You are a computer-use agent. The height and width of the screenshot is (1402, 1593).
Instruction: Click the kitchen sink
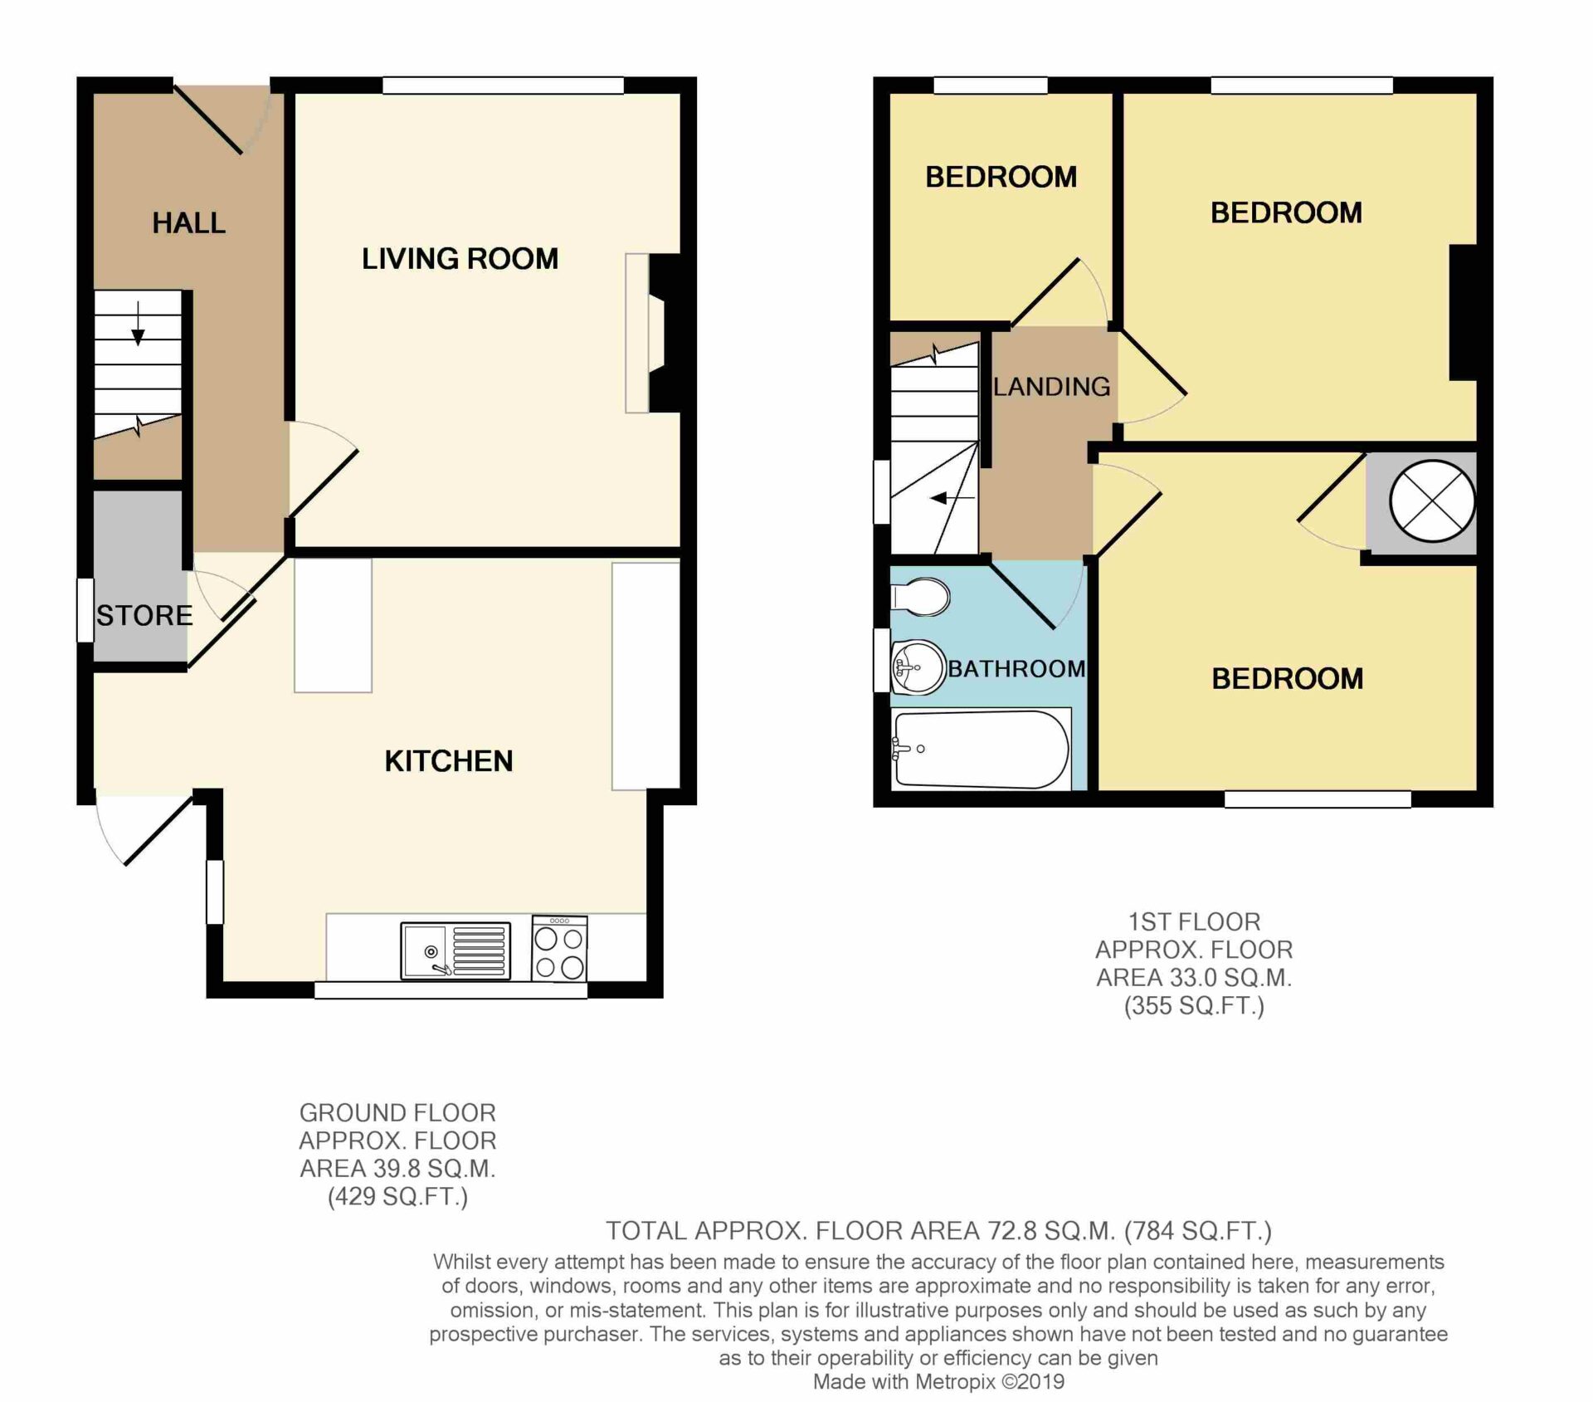(x=455, y=950)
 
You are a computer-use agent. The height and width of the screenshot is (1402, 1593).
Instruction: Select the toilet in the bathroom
(x=920, y=597)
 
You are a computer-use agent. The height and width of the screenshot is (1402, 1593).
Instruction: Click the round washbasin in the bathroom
(x=918, y=667)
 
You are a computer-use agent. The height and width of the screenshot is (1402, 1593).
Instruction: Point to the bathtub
(x=981, y=749)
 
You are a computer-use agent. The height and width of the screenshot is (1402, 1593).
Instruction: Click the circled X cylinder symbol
(x=1432, y=502)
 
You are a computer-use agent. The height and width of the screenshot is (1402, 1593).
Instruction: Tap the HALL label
(x=188, y=222)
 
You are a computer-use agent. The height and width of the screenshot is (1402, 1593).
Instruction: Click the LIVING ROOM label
(x=460, y=258)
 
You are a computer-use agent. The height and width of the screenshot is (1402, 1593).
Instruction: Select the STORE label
(x=144, y=615)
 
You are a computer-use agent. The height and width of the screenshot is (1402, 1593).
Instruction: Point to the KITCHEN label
(x=449, y=760)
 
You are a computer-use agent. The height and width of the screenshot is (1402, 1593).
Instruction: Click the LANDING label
(x=1051, y=386)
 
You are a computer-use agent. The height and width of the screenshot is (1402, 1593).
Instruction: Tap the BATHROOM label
(x=1016, y=668)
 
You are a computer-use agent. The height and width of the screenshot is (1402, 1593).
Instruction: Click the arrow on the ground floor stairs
(x=138, y=324)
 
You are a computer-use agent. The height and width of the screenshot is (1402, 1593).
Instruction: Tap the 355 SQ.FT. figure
(x=1194, y=1006)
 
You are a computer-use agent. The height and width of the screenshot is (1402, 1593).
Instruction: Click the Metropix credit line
(x=938, y=1382)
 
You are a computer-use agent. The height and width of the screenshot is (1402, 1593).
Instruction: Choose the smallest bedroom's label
(x=1001, y=177)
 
